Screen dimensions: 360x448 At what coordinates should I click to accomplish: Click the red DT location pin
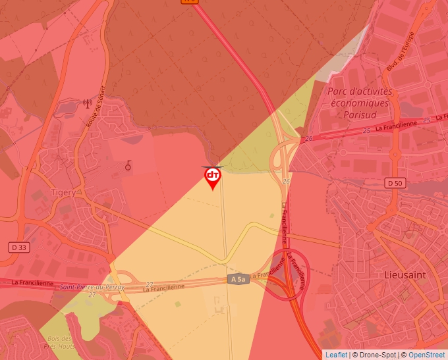coord(212,176)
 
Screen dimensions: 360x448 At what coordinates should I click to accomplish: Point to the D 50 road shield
coord(395,182)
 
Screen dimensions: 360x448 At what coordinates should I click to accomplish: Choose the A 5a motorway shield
coord(238,280)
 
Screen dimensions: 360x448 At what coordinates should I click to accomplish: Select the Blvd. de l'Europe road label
coord(405,52)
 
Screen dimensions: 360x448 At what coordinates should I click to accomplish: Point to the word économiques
coord(360,103)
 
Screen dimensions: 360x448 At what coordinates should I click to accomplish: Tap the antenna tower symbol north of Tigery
coord(86,103)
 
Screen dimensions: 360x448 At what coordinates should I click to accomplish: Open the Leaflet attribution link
coord(336,355)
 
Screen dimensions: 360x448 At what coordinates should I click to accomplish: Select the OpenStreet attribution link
coord(426,355)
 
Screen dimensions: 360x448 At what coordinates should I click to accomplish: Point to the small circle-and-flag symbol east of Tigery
coord(128,166)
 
